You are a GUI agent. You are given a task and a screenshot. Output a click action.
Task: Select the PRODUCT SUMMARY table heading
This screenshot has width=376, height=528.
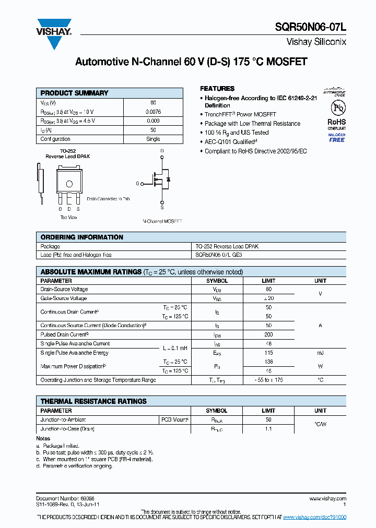(x=74, y=93)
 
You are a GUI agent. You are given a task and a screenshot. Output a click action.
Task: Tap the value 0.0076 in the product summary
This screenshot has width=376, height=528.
(x=153, y=112)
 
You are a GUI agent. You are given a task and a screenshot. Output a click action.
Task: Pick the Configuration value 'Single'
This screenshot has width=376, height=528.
(x=153, y=139)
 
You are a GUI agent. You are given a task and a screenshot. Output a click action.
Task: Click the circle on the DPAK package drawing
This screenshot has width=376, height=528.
(x=69, y=183)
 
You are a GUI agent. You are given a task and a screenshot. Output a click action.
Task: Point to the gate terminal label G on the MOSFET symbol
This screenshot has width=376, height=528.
(x=138, y=184)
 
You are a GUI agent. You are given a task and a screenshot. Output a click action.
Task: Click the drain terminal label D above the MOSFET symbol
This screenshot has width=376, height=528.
(x=162, y=151)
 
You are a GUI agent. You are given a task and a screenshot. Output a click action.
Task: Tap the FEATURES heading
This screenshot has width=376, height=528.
(x=217, y=89)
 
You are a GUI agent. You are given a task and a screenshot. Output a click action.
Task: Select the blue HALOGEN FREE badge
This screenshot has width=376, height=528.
(x=336, y=137)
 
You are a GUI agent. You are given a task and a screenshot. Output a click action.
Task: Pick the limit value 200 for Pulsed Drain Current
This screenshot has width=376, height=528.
(x=268, y=334)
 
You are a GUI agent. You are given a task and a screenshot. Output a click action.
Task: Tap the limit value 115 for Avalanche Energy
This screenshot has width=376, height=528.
(x=268, y=353)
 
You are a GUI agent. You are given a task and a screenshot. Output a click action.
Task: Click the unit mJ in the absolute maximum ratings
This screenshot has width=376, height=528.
(x=320, y=353)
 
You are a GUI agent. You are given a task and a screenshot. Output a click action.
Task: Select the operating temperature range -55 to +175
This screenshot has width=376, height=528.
(x=268, y=380)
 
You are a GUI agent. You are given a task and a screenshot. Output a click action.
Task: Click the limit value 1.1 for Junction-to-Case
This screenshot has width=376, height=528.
(x=268, y=428)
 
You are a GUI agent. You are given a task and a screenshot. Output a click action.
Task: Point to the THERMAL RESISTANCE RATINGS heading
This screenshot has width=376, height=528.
(x=93, y=401)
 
